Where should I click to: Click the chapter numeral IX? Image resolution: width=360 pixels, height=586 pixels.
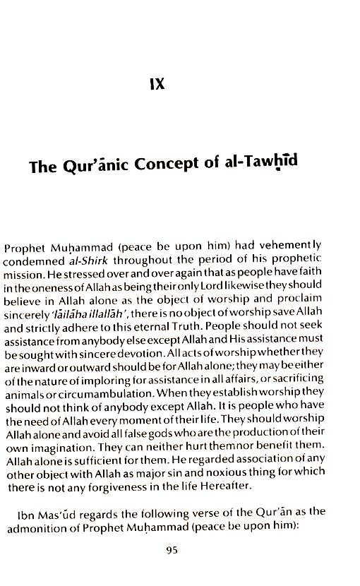coord(157,83)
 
